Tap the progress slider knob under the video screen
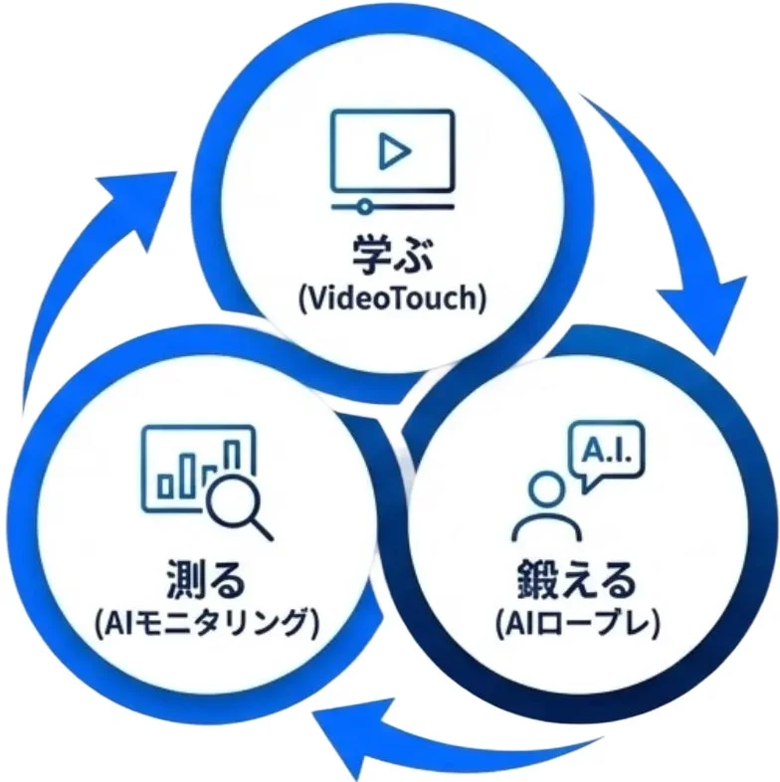(365, 206)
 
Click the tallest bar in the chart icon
(232, 455)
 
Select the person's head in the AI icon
(543, 489)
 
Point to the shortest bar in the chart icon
(166, 485)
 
